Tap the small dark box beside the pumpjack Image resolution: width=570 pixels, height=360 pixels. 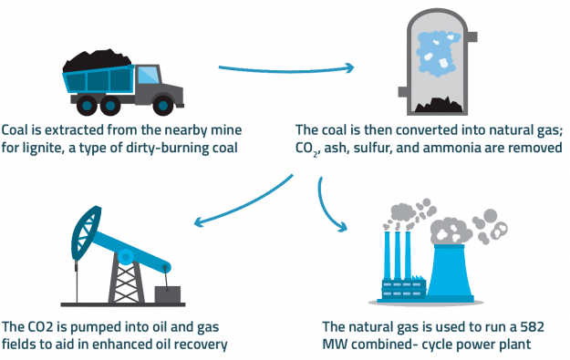coord(167,295)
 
